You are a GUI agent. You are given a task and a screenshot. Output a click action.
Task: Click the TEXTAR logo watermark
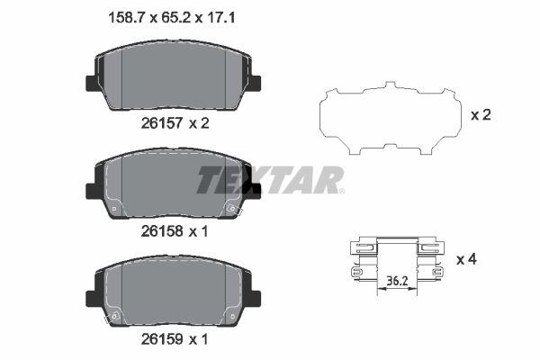tap(270, 180)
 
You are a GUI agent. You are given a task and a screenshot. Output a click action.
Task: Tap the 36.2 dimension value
tap(397, 280)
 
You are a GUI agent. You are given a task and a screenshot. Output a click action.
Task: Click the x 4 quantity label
tap(465, 259)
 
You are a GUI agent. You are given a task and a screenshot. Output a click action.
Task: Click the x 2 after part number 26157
tap(197, 123)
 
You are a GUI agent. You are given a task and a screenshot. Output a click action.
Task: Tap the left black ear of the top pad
tap(91, 82)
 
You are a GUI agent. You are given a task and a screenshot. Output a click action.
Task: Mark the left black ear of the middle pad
tap(91, 190)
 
